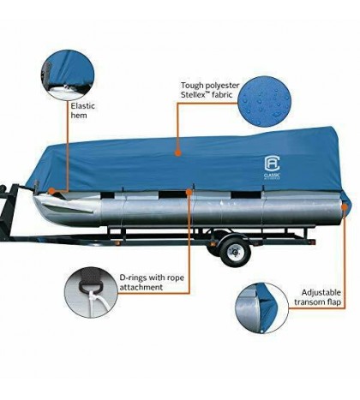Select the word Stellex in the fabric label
coord(195,98)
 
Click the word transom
coord(311,303)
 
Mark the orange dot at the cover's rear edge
coord(342,206)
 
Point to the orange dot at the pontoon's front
coord(53,193)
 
